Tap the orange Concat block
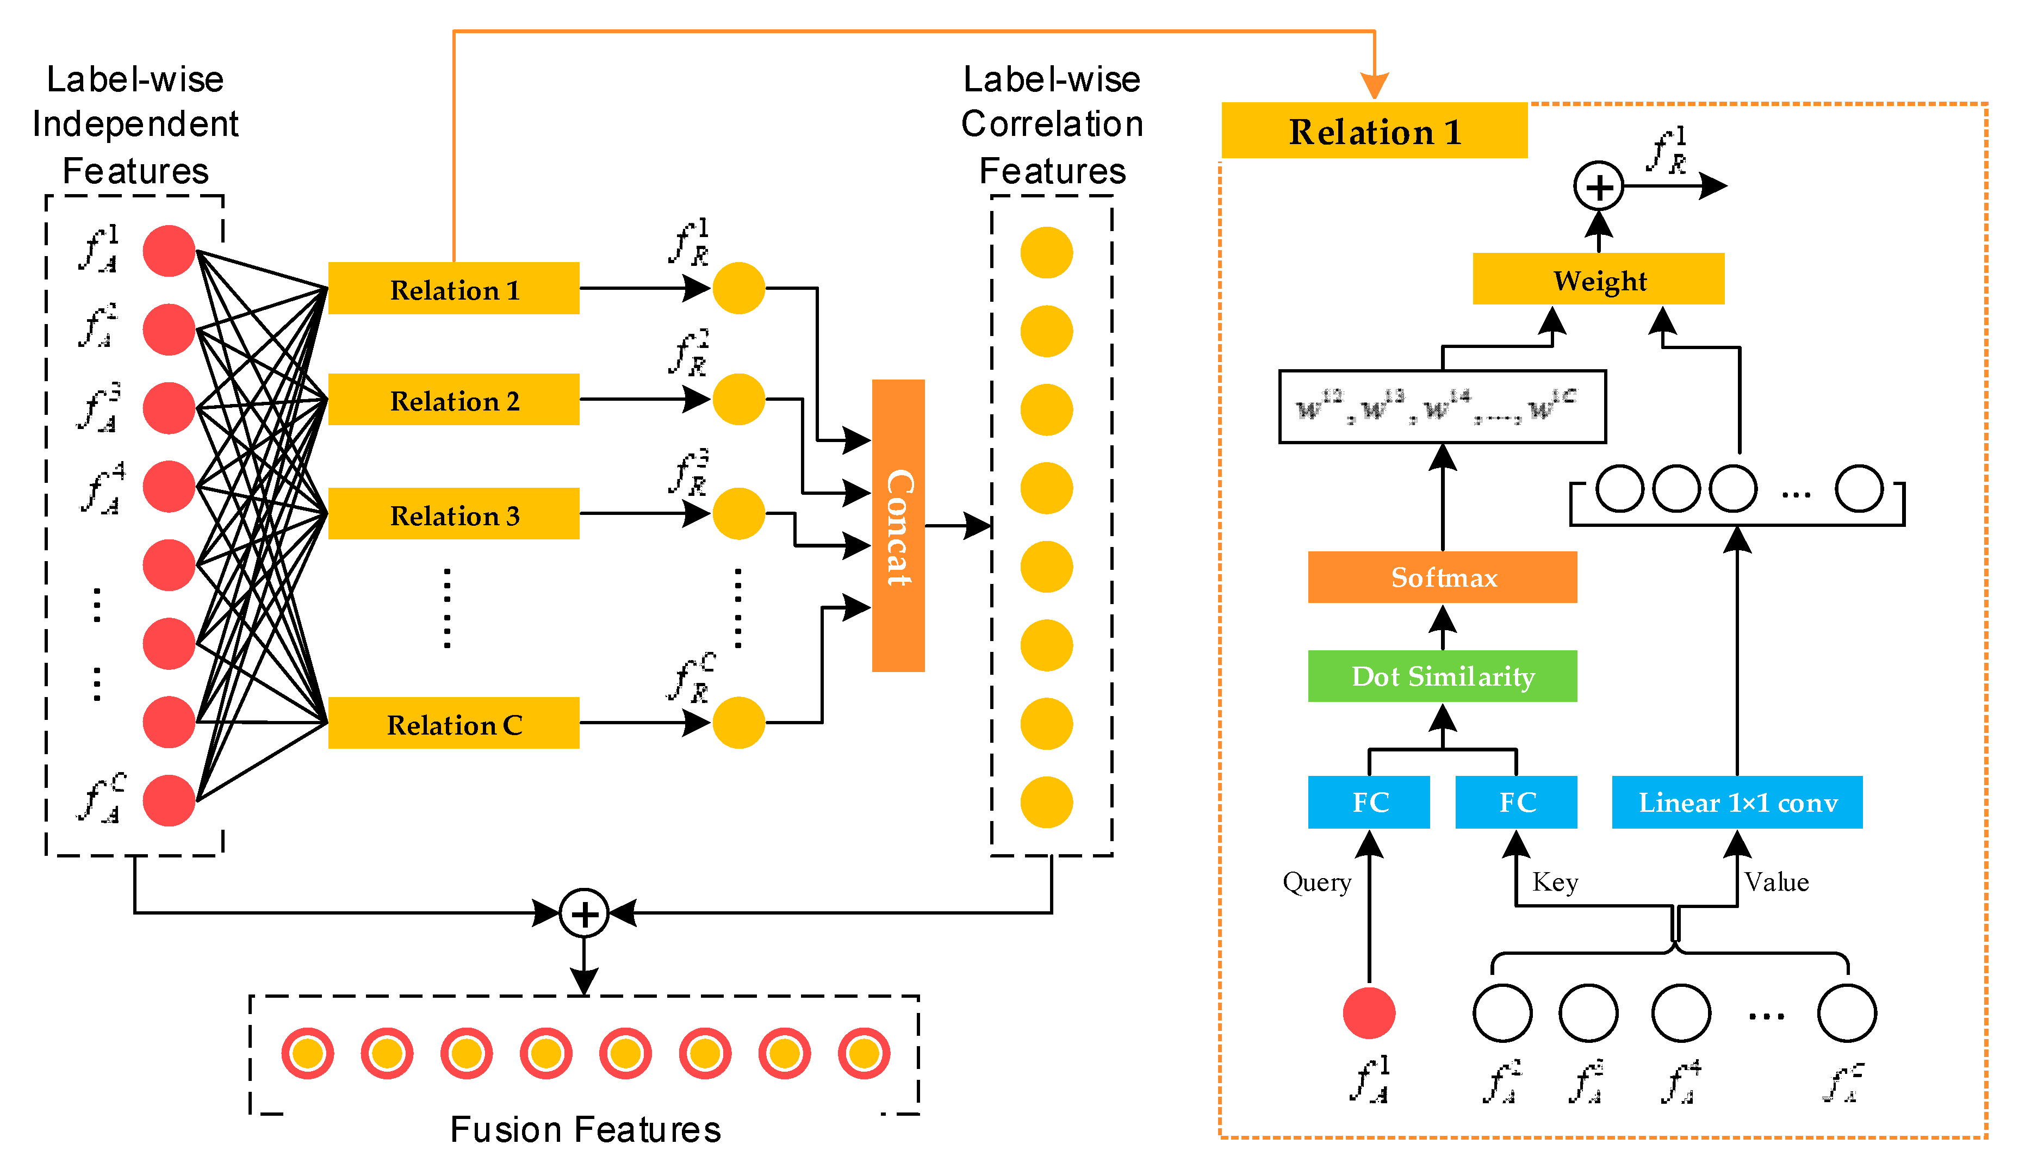898,526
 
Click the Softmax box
1443,577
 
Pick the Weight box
1598,279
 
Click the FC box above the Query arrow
1369,802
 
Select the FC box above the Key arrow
1517,802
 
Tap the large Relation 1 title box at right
1374,131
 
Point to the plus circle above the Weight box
1598,186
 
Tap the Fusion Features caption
585,1130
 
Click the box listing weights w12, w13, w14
1443,407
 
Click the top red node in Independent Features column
169,251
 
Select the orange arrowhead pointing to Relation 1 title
1374,84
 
